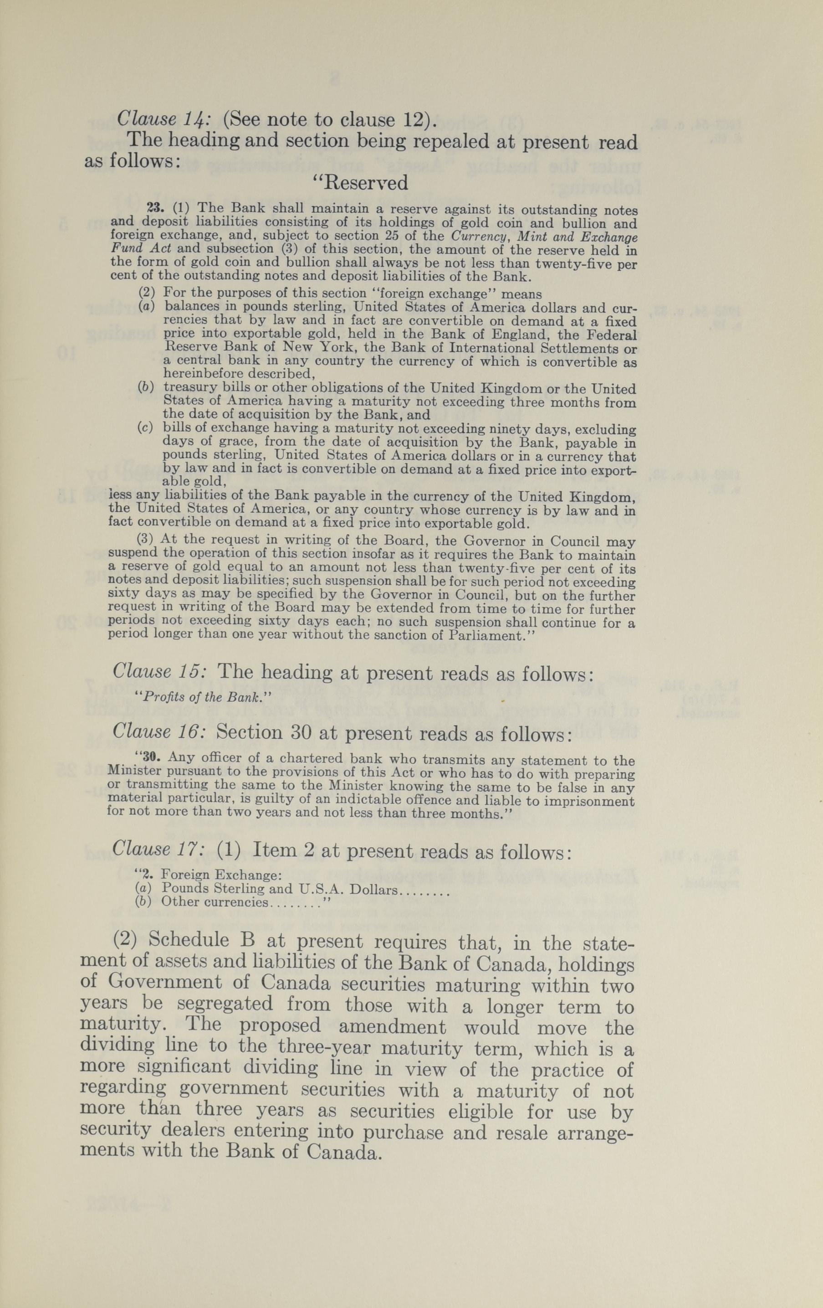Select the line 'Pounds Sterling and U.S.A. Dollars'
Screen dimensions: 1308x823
click(280, 889)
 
